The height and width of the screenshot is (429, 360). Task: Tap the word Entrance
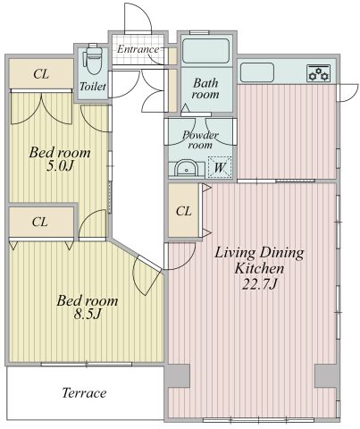(x=138, y=49)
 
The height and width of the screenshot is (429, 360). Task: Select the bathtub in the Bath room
(x=205, y=51)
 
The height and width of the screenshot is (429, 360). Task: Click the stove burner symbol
(x=318, y=73)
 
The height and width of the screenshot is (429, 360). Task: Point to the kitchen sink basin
(x=257, y=72)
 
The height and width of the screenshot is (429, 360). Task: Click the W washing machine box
(x=220, y=167)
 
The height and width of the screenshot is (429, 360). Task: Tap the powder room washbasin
(x=186, y=169)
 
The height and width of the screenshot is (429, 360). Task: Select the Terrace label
(x=84, y=393)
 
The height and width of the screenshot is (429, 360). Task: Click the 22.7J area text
(x=259, y=284)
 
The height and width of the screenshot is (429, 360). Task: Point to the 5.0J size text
(x=60, y=166)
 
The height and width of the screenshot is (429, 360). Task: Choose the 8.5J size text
(x=88, y=314)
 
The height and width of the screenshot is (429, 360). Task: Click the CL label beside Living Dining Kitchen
(x=183, y=211)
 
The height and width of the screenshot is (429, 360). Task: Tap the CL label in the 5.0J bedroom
(x=41, y=74)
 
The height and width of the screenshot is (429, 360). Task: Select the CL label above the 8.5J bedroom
(x=40, y=222)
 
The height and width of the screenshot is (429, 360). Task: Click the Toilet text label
(x=93, y=87)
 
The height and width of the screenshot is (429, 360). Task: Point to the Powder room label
(x=200, y=140)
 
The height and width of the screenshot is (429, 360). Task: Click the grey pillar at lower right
(x=325, y=376)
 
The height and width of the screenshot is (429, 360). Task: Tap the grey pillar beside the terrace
(x=178, y=376)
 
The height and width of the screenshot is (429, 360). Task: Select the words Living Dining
(x=259, y=253)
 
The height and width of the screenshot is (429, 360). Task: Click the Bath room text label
(x=205, y=88)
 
